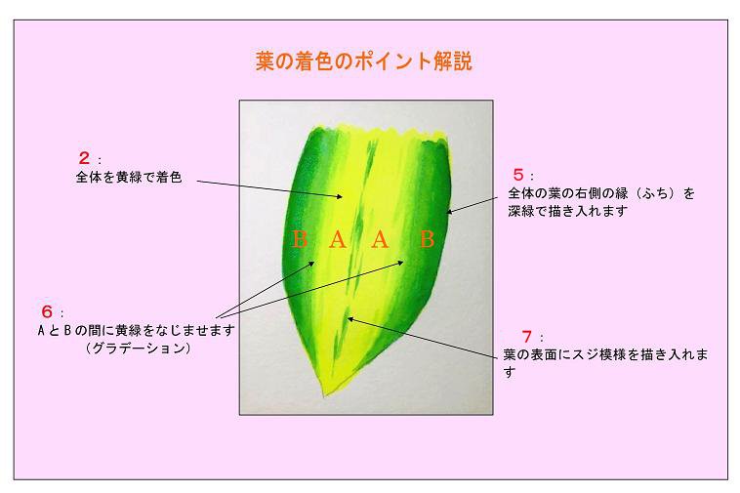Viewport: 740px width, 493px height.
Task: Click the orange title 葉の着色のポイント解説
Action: pyautogui.click(x=364, y=61)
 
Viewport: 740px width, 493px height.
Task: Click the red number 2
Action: pyautogui.click(x=84, y=157)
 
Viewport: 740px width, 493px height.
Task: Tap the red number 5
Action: pyautogui.click(x=518, y=175)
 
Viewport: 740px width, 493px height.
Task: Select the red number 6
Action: pyautogui.click(x=47, y=311)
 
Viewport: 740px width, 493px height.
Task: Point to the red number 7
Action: pyautogui.click(x=527, y=337)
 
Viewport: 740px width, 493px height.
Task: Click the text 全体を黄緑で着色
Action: pyautogui.click(x=129, y=178)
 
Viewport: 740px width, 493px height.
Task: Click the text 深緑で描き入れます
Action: pyautogui.click(x=567, y=211)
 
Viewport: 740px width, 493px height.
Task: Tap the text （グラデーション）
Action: pyautogui.click(x=139, y=349)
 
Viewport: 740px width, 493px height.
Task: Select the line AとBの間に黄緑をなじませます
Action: pyautogui.click(x=136, y=330)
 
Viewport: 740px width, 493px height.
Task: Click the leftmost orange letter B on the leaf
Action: pyautogui.click(x=300, y=239)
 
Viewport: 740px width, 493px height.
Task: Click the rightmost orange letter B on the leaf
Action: pyautogui.click(x=427, y=239)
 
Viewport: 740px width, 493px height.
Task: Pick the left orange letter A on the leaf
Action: pyautogui.click(x=338, y=239)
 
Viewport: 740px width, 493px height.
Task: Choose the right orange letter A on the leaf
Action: pyautogui.click(x=380, y=239)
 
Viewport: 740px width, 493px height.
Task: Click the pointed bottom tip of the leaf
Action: pyautogui.click(x=324, y=396)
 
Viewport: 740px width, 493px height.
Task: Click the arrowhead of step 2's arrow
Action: pyautogui.click(x=340, y=196)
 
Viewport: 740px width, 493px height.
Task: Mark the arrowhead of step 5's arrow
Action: pyautogui.click(x=450, y=212)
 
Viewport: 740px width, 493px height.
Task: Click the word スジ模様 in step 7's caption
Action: pyautogui.click(x=598, y=354)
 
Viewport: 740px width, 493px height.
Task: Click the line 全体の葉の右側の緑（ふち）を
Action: pyautogui.click(x=601, y=193)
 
